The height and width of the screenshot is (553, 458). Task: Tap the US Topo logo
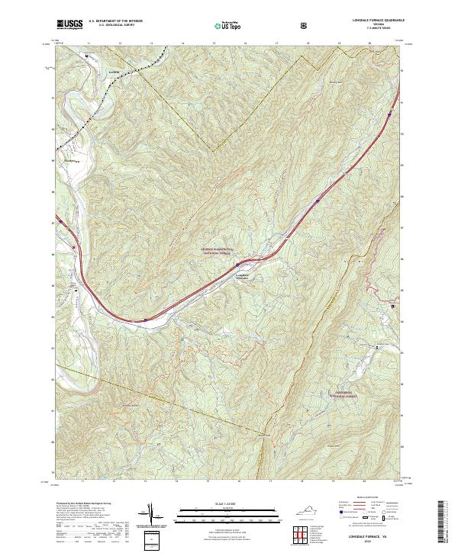tap(224, 25)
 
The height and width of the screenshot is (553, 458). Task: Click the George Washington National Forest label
tap(220, 250)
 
